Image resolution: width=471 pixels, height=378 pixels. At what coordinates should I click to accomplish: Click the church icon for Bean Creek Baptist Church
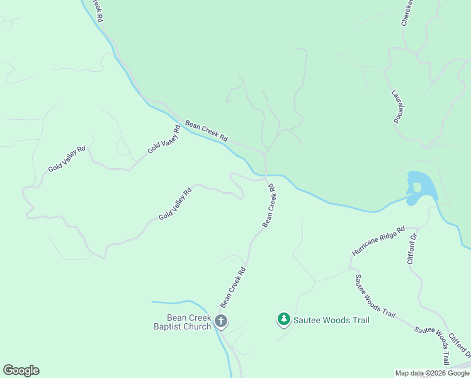pos(221,321)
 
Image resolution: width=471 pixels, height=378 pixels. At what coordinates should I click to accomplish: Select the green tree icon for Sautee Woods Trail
pos(284,319)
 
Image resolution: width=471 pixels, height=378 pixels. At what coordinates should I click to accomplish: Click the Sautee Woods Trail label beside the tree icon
pos(331,320)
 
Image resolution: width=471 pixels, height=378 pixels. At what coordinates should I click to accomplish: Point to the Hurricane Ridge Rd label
pos(378,241)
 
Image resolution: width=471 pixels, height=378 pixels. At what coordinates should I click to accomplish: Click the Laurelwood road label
pos(398,106)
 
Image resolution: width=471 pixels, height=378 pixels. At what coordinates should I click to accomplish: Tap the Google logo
pos(21,370)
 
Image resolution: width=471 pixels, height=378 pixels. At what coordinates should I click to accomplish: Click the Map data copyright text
pos(432,373)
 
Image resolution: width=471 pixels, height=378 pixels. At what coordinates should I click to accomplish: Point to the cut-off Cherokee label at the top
pos(406,13)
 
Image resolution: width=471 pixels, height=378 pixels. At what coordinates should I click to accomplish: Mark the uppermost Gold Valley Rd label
pos(164,139)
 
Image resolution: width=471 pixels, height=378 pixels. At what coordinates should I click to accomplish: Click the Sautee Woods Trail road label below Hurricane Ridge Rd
pos(375,295)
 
